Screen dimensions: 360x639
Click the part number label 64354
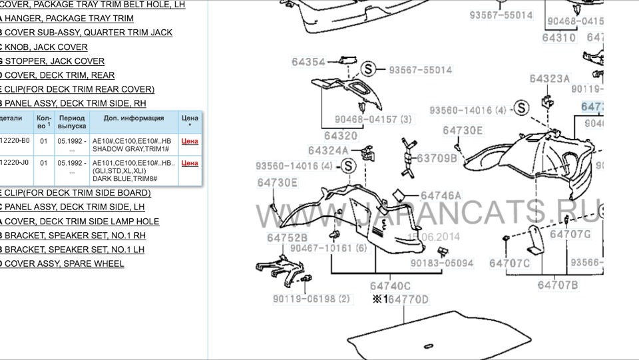(x=308, y=63)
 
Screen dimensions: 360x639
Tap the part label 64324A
(x=328, y=151)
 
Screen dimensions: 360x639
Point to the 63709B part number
(x=437, y=158)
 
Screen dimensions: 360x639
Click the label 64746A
(x=441, y=196)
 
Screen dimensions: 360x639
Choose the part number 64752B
(x=288, y=238)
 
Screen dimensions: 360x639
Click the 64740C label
(x=391, y=285)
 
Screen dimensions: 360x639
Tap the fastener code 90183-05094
(x=442, y=263)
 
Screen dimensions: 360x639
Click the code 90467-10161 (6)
(x=329, y=248)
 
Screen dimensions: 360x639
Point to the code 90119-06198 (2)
(x=311, y=299)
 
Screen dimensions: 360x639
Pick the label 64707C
(x=509, y=263)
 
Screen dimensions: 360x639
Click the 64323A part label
(x=550, y=79)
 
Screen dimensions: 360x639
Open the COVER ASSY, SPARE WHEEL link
(x=64, y=264)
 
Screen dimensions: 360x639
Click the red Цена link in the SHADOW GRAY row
(x=190, y=141)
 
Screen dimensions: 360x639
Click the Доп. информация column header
(x=134, y=118)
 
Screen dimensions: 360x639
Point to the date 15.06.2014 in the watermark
(x=434, y=236)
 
